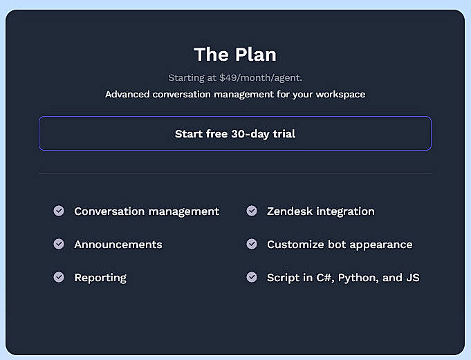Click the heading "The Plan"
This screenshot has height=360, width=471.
point(234,54)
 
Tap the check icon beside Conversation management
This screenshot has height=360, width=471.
point(59,211)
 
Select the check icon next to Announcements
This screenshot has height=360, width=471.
point(59,244)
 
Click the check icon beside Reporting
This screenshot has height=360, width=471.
point(59,277)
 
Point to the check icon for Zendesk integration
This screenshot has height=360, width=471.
point(252,211)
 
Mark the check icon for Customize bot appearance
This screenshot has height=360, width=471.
point(252,244)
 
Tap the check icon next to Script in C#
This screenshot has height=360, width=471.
point(252,277)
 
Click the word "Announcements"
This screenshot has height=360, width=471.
point(118,245)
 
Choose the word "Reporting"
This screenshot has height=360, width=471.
point(100,278)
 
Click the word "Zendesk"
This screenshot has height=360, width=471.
point(290,211)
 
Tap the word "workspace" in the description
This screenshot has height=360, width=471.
point(339,94)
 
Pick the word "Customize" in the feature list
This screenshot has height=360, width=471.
point(294,245)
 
